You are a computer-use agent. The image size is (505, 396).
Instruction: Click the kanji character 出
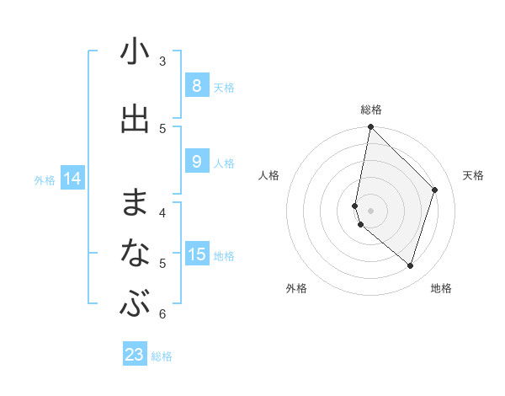(135, 119)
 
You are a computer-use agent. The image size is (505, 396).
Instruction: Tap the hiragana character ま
(135, 202)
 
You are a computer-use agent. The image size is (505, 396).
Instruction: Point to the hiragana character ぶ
(135, 304)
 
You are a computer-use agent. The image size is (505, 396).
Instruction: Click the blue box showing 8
(196, 85)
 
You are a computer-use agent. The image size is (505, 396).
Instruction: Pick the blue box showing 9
(196, 161)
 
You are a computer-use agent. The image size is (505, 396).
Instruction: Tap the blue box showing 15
(196, 254)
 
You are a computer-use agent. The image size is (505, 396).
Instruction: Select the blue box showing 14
(72, 179)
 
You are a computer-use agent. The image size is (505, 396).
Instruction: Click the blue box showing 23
(135, 355)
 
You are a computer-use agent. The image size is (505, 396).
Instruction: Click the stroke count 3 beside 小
(162, 61)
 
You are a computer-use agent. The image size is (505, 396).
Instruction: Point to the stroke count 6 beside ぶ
(162, 314)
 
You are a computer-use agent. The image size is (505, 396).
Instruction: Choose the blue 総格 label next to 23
(162, 356)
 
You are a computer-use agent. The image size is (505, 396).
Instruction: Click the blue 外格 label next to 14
(45, 179)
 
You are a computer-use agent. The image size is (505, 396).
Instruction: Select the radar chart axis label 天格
(473, 175)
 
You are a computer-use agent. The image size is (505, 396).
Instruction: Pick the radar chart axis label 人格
(268, 175)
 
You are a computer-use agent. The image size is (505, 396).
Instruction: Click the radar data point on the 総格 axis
(370, 126)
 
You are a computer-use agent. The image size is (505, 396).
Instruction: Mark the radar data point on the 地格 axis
(410, 265)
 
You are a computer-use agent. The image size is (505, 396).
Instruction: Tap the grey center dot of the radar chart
(370, 210)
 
